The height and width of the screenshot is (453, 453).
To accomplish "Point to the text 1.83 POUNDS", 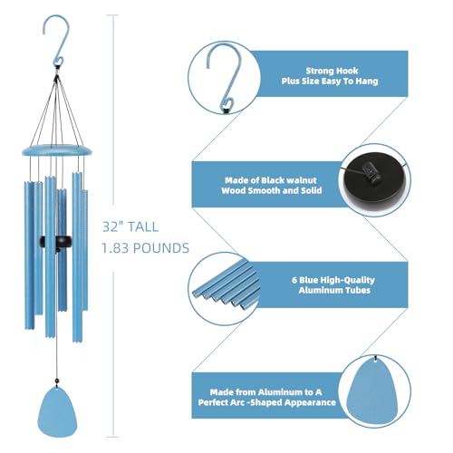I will (145, 247).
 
